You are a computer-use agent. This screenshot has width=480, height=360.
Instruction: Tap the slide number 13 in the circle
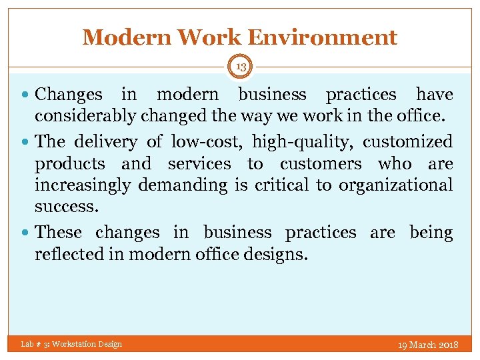241,66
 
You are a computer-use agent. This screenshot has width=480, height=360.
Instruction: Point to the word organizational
395,185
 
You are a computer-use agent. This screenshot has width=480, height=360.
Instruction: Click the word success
67,207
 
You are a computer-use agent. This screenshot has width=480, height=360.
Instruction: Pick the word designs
276,255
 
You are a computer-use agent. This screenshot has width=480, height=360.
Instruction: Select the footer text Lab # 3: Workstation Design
71,344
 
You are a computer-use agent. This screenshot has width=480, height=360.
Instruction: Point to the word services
199,163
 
